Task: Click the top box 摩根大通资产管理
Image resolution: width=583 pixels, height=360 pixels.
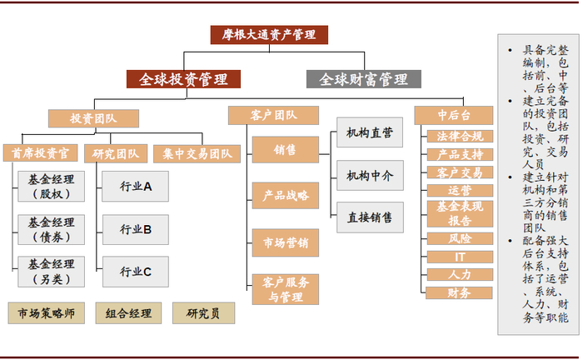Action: click(x=268, y=35)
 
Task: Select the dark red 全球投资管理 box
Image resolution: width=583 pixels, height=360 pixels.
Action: click(x=183, y=79)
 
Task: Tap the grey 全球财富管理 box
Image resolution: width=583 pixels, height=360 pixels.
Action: click(x=364, y=79)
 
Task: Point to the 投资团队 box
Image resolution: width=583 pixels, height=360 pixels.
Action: click(x=93, y=119)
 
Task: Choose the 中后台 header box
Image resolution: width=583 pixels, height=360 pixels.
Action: click(x=453, y=115)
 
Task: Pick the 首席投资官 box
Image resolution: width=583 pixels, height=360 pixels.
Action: click(x=40, y=153)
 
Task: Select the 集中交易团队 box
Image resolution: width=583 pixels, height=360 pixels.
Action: click(x=197, y=153)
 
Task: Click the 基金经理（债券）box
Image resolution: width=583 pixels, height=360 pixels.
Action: click(x=51, y=229)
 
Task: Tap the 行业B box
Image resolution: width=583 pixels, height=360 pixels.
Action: click(x=135, y=229)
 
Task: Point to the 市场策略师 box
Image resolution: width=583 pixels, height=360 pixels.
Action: click(x=47, y=313)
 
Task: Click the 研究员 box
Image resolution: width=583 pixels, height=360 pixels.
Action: click(x=203, y=313)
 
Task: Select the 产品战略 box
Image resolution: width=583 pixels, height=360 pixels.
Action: click(x=285, y=195)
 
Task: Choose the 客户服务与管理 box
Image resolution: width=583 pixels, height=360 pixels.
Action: click(x=285, y=288)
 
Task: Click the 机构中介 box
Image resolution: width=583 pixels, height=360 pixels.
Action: click(x=370, y=175)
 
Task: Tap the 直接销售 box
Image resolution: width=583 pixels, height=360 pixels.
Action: click(x=370, y=217)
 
